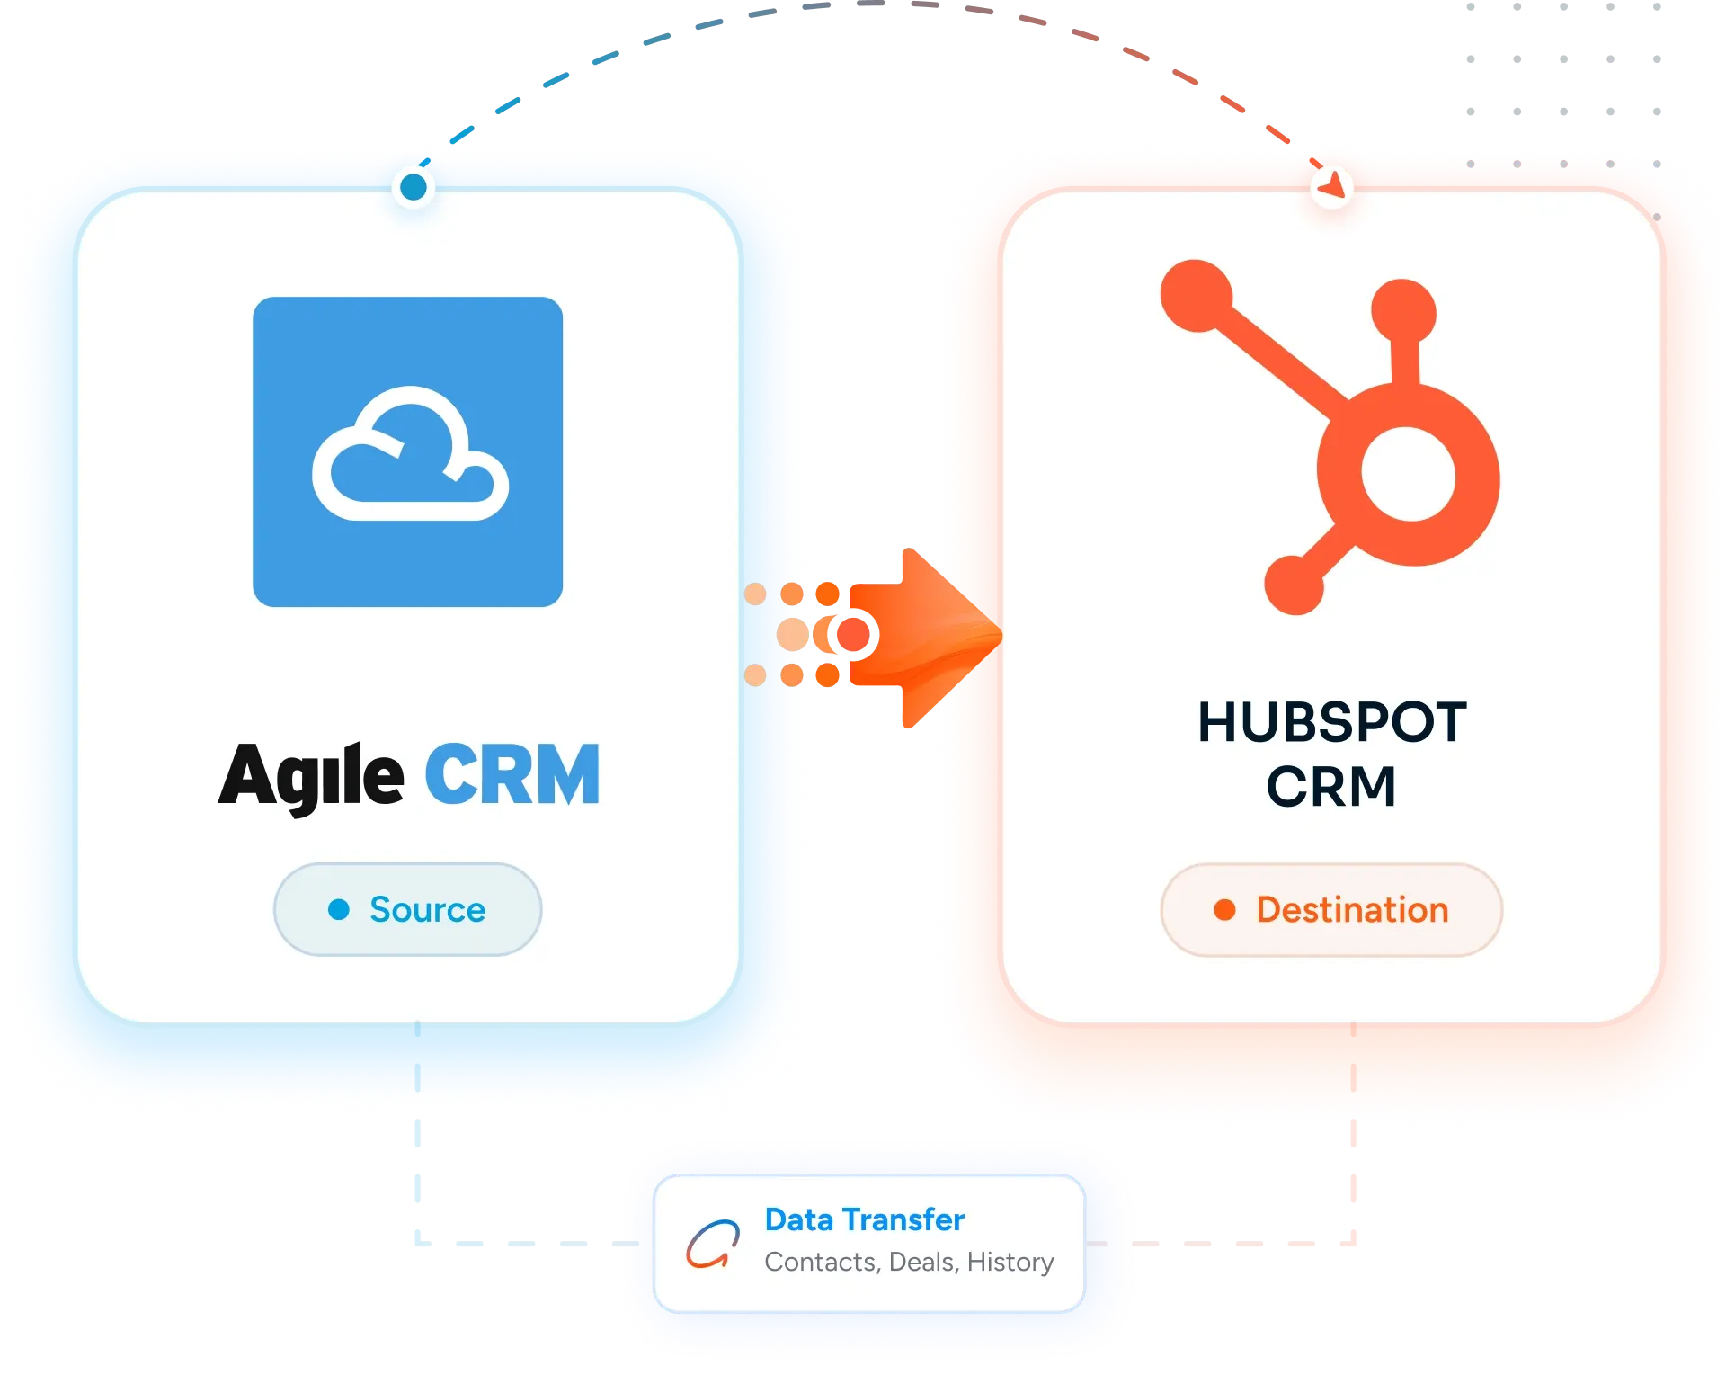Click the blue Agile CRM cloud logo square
(407, 451)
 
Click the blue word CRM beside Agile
(512, 773)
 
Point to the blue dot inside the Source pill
(339, 909)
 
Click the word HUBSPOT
(1331, 722)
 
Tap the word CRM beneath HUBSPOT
(1331, 787)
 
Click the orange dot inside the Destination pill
(1224, 909)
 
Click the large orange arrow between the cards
(926, 637)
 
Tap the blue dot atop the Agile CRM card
(414, 187)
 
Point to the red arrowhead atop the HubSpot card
(1332, 184)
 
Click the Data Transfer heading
(864, 1219)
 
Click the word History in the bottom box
(1010, 1263)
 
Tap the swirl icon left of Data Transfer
(713, 1244)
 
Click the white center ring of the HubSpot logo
(1408, 474)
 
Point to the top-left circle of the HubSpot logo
(1197, 296)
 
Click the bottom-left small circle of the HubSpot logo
(1294, 585)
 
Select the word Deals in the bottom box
(924, 1263)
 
